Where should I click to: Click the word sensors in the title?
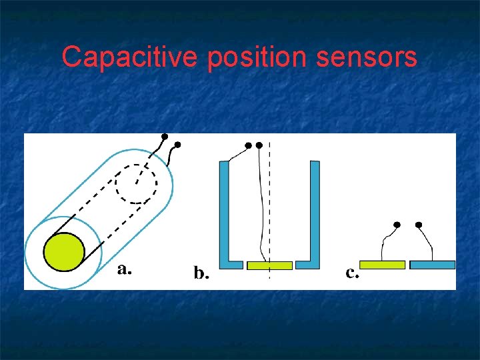(367, 57)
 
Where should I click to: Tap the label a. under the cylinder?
(124, 269)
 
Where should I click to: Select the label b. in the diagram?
(200, 273)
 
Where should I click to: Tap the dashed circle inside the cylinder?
(136, 182)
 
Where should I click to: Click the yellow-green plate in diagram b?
(269, 265)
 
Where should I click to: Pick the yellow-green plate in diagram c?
(382, 265)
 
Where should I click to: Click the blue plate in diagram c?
(432, 265)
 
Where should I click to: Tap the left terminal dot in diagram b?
(248, 145)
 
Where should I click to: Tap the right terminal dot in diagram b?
(259, 144)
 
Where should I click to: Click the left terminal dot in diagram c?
(397, 225)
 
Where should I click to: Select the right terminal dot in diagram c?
(419, 225)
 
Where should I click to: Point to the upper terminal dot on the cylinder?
(165, 135)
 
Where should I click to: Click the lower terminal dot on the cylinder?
(177, 144)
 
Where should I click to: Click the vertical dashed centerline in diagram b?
(269, 200)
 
